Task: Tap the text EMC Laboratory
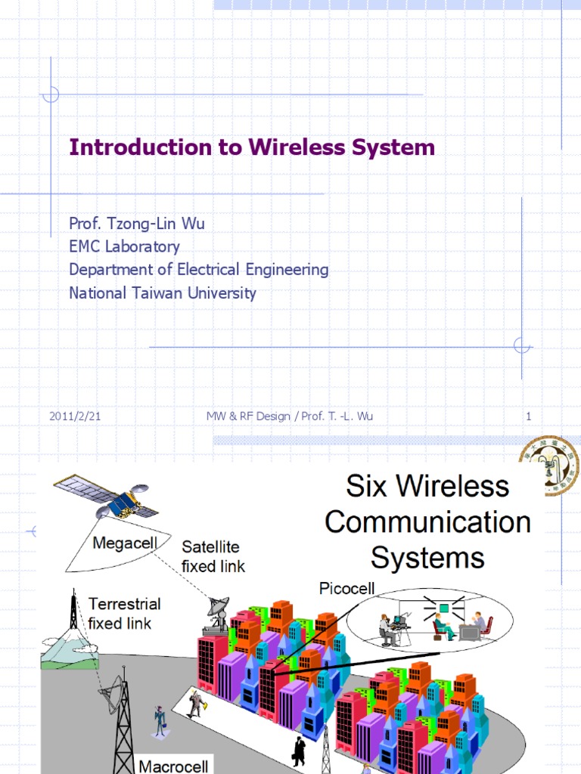pos(124,246)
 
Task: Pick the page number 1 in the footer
pos(529,416)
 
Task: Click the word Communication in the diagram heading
pos(427,522)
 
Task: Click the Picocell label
pos(347,588)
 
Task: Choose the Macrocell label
pos(173,766)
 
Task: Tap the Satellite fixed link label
pos(213,556)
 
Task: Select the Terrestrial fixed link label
pos(123,613)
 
